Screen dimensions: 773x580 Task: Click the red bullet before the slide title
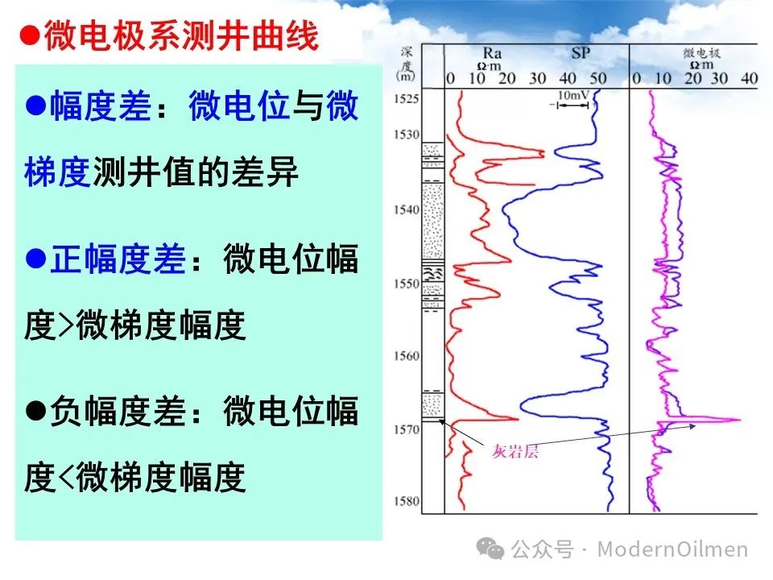click(30, 35)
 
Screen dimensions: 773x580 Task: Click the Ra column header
click(492, 52)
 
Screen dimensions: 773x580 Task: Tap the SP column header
click(581, 52)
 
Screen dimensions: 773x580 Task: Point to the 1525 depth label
click(406, 98)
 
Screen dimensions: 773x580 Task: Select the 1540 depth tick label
click(406, 209)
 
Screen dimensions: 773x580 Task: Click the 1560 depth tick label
click(406, 355)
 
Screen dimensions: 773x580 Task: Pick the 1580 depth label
click(406, 501)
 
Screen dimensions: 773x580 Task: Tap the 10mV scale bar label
click(573, 95)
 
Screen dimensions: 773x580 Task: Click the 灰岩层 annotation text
click(515, 451)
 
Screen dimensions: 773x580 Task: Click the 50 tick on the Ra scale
click(598, 78)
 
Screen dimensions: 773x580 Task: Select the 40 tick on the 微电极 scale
click(749, 78)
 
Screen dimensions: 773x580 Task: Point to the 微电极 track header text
click(701, 52)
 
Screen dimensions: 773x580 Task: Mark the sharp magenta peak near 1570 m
click(739, 420)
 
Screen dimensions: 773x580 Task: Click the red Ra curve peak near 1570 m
click(517, 419)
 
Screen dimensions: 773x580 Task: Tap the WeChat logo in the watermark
click(490, 549)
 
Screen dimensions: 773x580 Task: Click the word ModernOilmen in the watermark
click(672, 549)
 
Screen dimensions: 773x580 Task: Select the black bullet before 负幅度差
click(36, 410)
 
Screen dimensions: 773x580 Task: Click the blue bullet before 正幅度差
click(36, 258)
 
